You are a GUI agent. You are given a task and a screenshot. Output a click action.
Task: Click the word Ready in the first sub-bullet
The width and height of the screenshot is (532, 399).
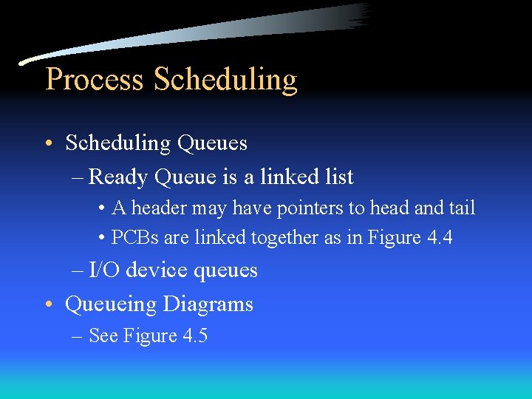(118, 177)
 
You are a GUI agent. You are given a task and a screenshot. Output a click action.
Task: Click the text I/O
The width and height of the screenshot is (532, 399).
(104, 270)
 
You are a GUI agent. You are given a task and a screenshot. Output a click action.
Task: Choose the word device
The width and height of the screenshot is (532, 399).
(156, 270)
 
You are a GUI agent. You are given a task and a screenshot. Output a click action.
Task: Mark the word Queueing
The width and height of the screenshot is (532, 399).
(111, 304)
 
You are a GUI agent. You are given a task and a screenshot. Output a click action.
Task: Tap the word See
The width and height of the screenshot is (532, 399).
(103, 336)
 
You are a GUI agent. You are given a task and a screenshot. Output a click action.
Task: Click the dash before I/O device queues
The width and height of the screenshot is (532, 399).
(78, 270)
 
